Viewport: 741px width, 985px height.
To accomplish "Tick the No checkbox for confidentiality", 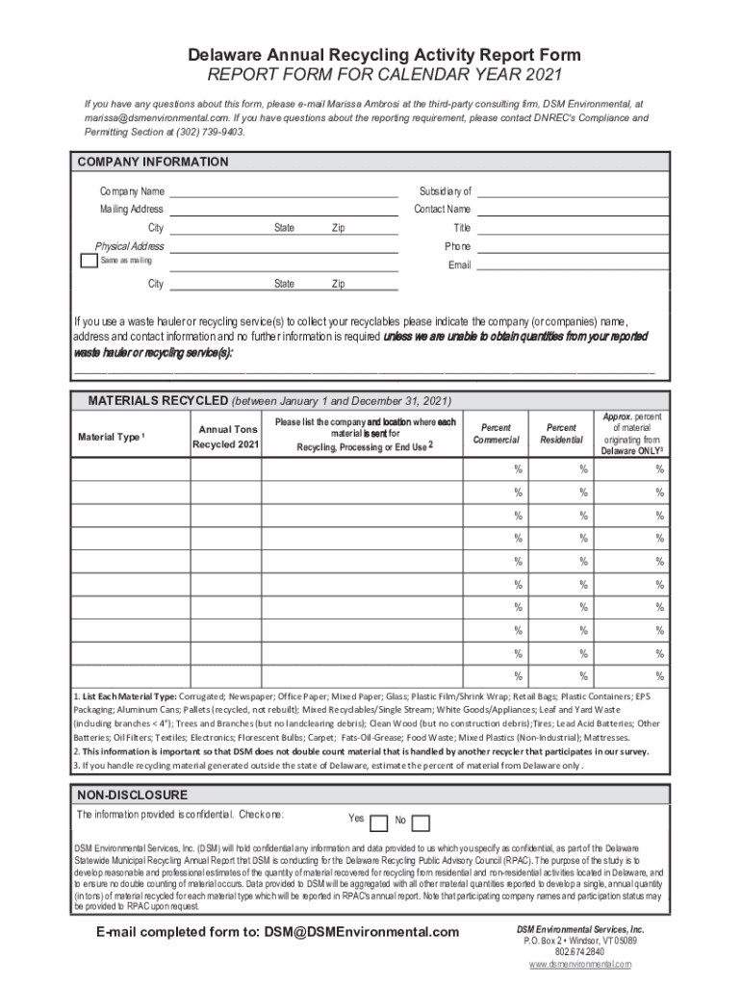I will [x=420, y=821].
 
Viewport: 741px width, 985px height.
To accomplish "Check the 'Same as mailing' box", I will [x=87, y=261].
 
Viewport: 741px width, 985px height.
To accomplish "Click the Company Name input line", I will [x=284, y=191].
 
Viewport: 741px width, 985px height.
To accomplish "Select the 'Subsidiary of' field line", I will [x=572, y=191].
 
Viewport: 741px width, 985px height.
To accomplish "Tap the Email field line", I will [x=572, y=265].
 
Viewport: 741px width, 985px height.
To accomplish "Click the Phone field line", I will [x=572, y=246].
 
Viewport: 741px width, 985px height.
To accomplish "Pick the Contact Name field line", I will [x=572, y=210].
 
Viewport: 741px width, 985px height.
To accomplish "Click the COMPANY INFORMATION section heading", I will [x=152, y=162].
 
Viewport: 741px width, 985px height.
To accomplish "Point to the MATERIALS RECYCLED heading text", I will [x=158, y=401].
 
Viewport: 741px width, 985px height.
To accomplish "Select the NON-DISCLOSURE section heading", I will [x=132, y=796].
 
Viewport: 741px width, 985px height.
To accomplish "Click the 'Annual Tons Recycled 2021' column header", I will [x=226, y=437].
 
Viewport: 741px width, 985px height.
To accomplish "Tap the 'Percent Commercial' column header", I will [x=496, y=433].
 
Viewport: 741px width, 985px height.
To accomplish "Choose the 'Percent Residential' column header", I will [x=561, y=433].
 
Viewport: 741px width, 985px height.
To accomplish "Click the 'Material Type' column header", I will [x=110, y=438].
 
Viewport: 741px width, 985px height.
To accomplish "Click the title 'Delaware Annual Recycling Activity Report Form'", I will [x=370, y=55].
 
